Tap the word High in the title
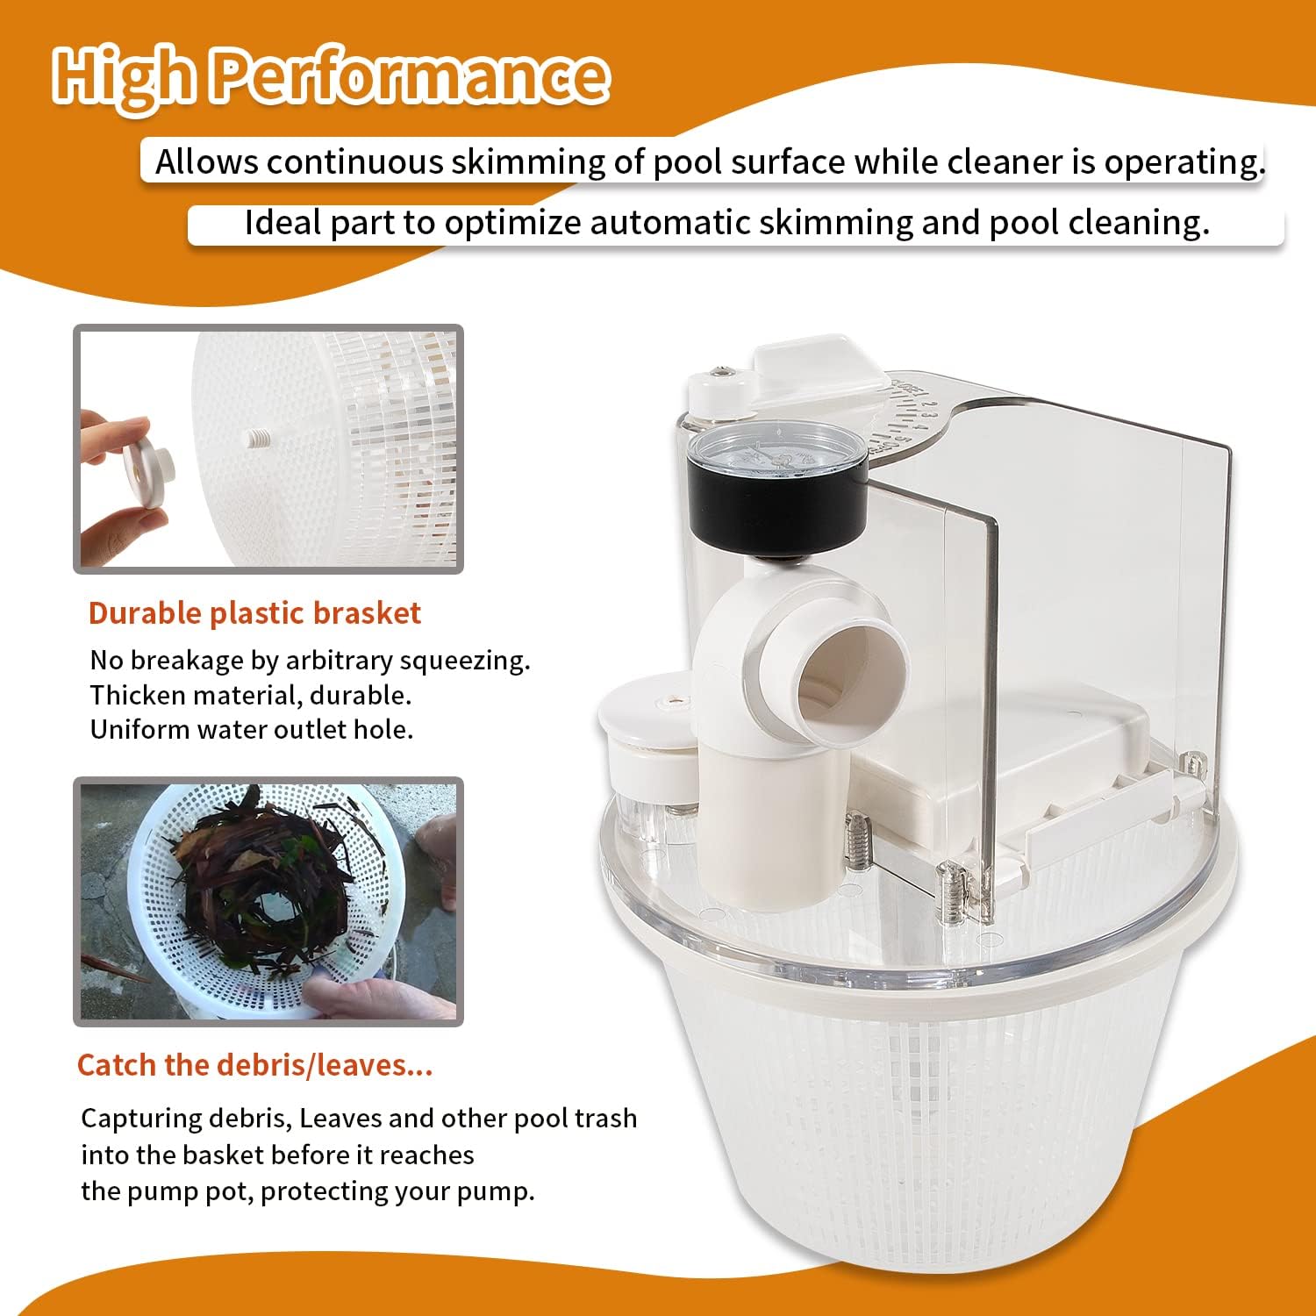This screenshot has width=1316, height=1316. point(123,77)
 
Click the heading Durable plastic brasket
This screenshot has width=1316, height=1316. point(254,613)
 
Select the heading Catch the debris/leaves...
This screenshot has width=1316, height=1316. point(254,1065)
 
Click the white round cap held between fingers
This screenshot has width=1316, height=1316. point(146,471)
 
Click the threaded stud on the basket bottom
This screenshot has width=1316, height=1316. point(255,436)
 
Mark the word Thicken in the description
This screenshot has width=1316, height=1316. point(138,695)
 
